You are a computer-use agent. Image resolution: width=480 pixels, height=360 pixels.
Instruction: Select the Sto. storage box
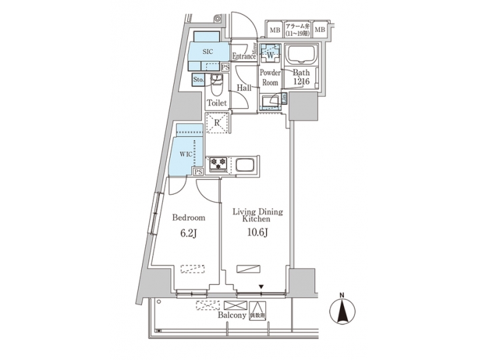199,80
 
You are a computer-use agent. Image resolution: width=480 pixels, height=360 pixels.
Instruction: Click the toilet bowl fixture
217,85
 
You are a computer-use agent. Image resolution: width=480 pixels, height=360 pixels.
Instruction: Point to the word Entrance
244,57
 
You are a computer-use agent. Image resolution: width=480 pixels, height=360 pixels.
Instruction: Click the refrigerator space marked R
217,123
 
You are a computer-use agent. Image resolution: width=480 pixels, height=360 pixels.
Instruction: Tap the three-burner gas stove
218,163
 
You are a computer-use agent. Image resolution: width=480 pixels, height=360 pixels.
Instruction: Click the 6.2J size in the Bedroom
188,233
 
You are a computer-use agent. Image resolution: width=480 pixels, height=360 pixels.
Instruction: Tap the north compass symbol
342,311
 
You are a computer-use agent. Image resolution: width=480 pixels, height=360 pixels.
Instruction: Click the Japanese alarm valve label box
297,29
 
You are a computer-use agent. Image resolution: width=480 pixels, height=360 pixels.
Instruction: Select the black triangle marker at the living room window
261,287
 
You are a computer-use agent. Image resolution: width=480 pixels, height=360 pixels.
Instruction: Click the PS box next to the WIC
198,172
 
